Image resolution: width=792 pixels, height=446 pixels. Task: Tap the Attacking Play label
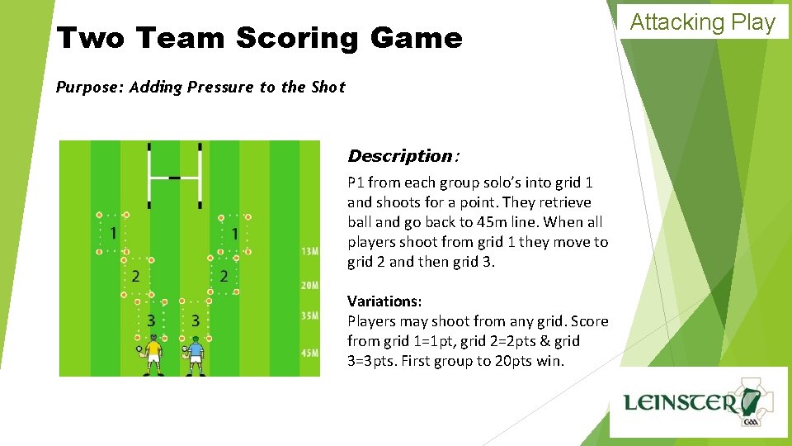coord(703,22)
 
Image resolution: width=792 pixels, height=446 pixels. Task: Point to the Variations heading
coord(384,301)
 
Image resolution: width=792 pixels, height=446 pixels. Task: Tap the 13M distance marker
coord(309,251)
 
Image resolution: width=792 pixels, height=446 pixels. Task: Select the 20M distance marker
coord(309,286)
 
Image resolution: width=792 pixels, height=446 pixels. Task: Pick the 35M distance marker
coord(309,316)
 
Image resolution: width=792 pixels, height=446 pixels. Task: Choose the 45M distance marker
coord(309,353)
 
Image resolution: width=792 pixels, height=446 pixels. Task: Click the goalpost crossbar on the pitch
coord(175,175)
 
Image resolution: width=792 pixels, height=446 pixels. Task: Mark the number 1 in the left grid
coord(113,234)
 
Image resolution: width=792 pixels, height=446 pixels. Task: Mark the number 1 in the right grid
coord(235,234)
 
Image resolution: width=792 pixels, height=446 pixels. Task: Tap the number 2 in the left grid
coord(135,276)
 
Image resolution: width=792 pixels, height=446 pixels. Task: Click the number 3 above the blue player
coord(196,320)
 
